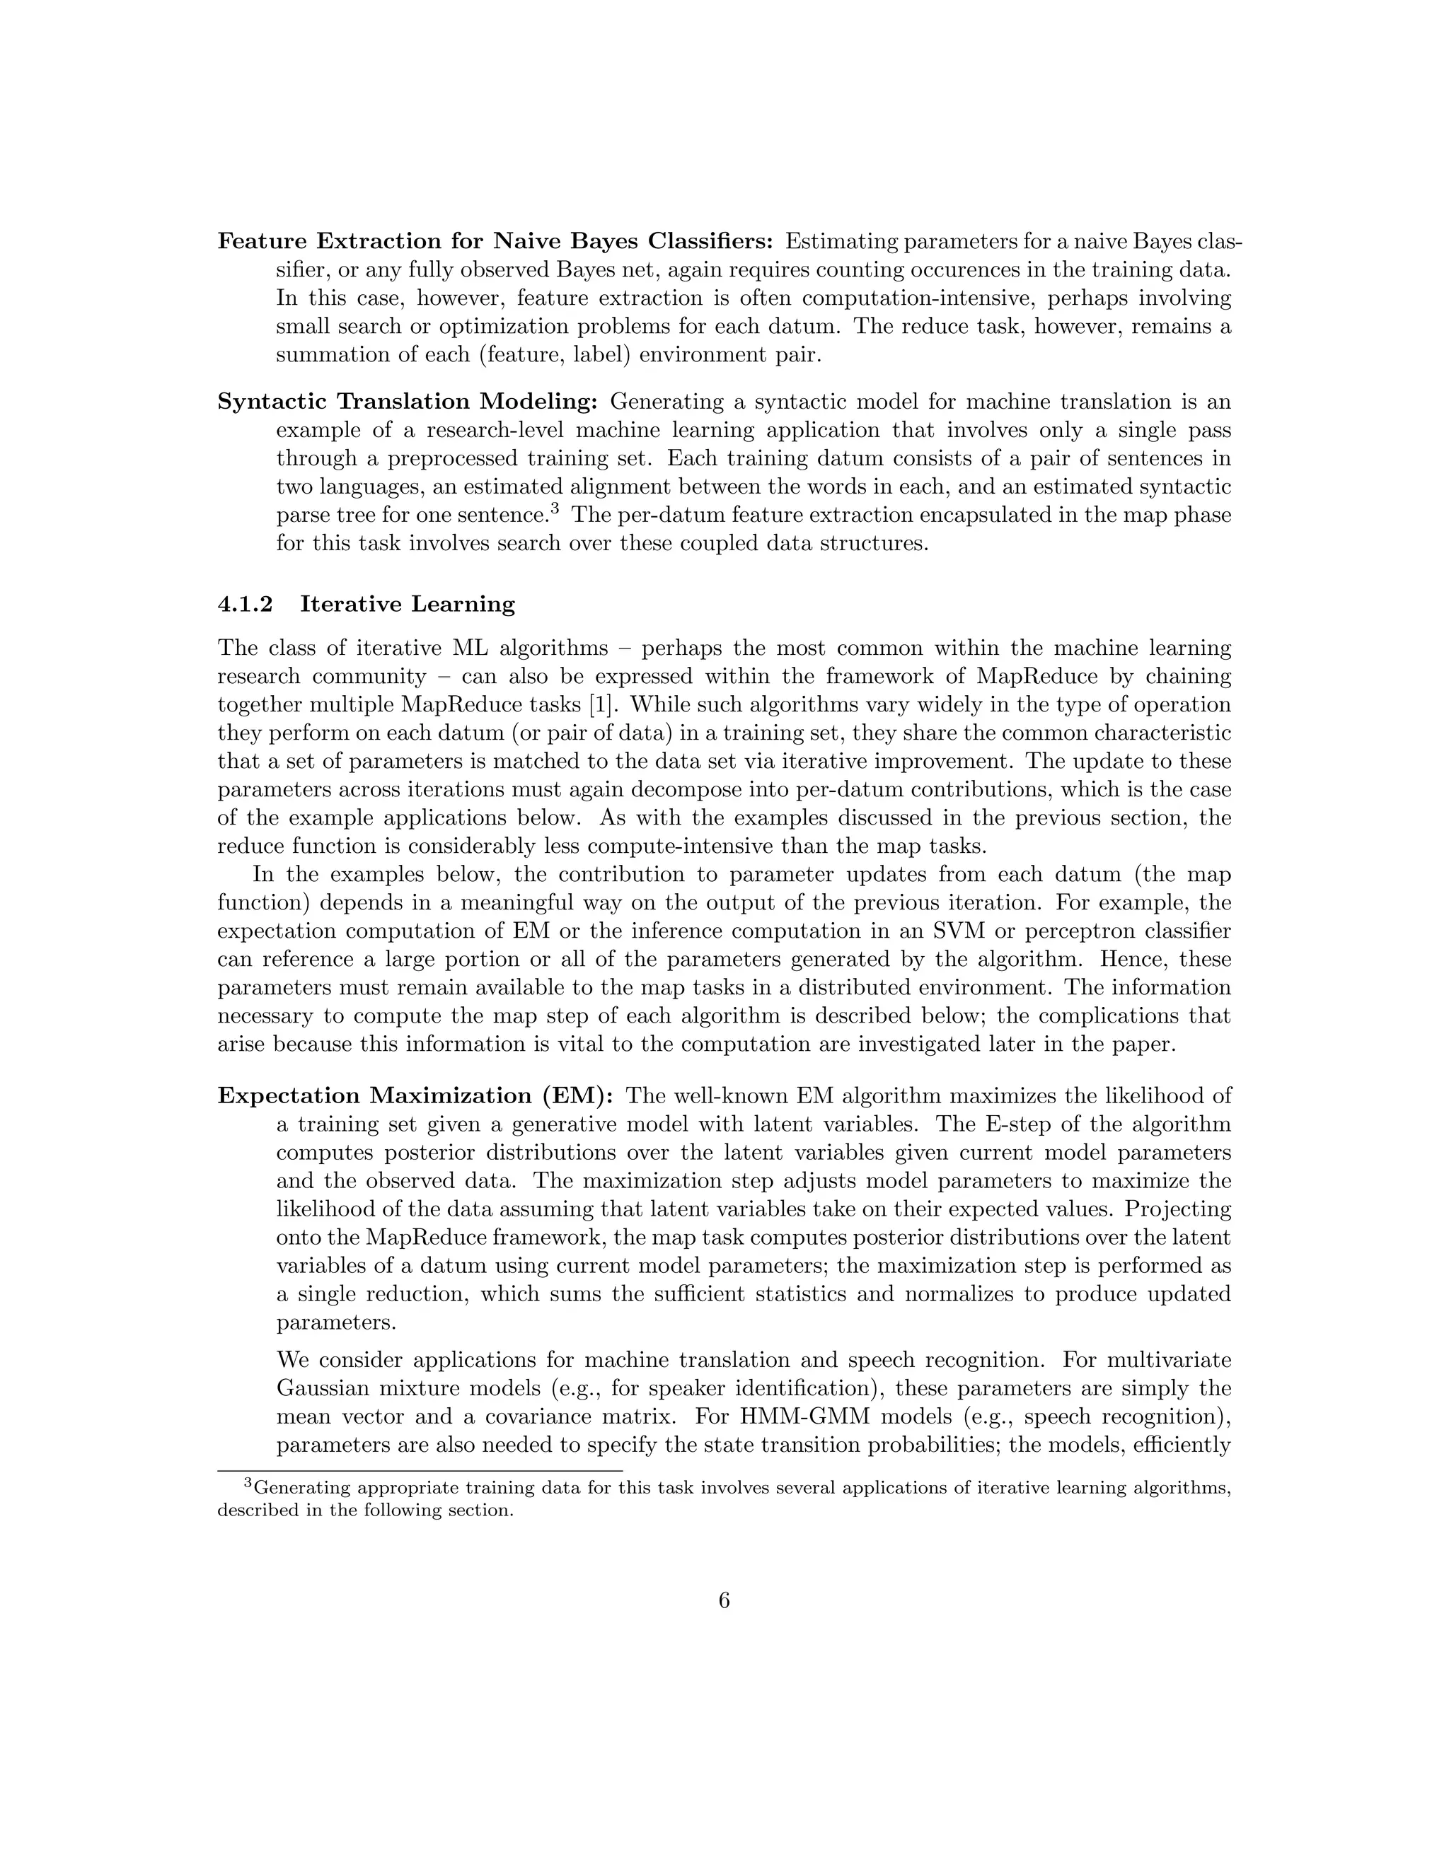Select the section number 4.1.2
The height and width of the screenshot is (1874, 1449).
[x=245, y=604]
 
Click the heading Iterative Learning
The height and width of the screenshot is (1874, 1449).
[x=408, y=604]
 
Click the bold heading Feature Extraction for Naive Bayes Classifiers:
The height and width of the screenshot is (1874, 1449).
[x=495, y=241]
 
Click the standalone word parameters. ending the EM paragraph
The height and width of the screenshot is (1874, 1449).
[x=337, y=1322]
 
